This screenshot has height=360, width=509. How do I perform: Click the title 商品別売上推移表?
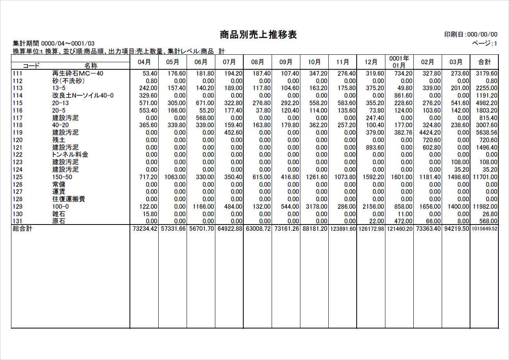coord(258,35)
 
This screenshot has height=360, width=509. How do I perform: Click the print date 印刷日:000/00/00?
coord(470,35)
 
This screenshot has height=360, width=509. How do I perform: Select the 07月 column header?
coord(229,62)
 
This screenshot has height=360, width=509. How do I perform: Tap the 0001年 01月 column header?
coord(399,62)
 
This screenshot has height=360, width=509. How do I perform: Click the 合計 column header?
coord(484,62)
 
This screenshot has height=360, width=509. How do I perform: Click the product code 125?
coord(18,177)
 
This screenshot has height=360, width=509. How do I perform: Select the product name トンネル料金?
coord(70,155)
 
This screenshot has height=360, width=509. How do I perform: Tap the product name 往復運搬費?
coord(68,199)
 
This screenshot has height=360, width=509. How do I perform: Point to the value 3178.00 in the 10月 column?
coord(317,207)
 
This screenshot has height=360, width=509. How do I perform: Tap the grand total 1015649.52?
coord(485,229)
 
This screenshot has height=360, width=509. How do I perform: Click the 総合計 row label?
coord(22,229)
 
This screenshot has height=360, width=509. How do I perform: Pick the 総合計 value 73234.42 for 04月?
coord(144,229)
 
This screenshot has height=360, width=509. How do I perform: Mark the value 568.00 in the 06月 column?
coord(205,118)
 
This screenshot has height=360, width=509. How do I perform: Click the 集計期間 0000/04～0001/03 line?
coord(54,43)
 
